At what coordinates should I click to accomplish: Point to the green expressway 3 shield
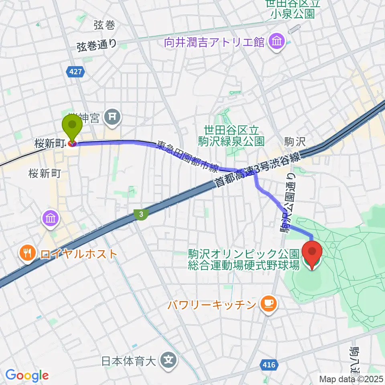pos(141,215)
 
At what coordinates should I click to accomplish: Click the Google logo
pos(27,375)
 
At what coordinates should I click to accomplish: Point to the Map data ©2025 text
pos(351,378)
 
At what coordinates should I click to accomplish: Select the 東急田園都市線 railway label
pos(187,157)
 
